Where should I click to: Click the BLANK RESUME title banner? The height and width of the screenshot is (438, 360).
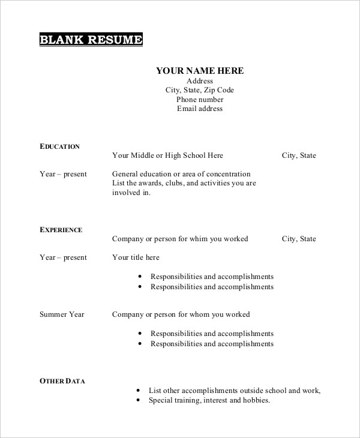point(91,40)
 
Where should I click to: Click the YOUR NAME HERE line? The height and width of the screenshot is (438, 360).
point(200,71)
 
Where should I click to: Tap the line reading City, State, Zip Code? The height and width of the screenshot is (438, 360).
point(200,90)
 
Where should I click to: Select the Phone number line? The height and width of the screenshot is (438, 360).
point(200,100)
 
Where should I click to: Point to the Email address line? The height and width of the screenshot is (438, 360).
point(200,109)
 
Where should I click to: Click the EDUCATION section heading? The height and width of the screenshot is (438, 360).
point(59,146)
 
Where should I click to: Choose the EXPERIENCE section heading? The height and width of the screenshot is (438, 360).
point(61,229)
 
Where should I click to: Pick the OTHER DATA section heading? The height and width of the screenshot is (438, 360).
point(62,380)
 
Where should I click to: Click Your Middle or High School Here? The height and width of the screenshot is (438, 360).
point(167,155)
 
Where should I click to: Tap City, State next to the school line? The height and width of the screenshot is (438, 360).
point(299,155)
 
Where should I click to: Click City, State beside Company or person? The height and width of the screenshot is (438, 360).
point(299,239)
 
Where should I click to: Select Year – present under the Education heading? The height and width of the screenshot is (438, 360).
point(63,174)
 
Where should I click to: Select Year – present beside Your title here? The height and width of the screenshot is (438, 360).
point(63,257)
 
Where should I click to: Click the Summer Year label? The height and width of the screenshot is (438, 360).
point(62,314)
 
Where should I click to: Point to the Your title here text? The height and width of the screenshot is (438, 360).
point(136,257)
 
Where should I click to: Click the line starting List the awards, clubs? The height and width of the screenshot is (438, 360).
point(184,183)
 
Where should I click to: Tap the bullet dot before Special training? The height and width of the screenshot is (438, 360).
point(137,400)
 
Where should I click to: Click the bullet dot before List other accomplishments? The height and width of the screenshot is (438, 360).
point(137,391)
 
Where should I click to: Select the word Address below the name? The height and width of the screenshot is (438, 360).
point(200,81)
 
